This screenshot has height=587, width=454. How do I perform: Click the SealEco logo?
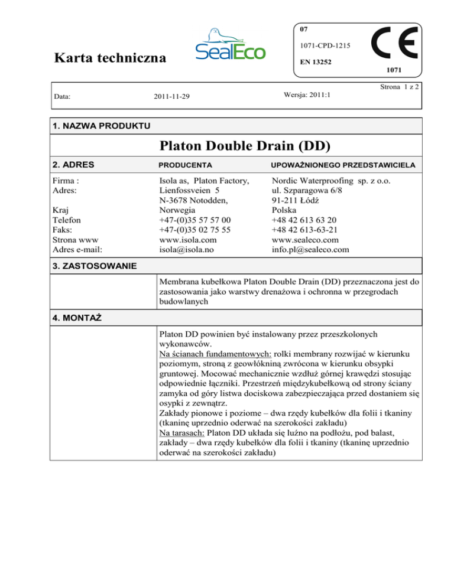tap(231, 44)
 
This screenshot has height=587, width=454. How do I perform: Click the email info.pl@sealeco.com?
tap(310, 250)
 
